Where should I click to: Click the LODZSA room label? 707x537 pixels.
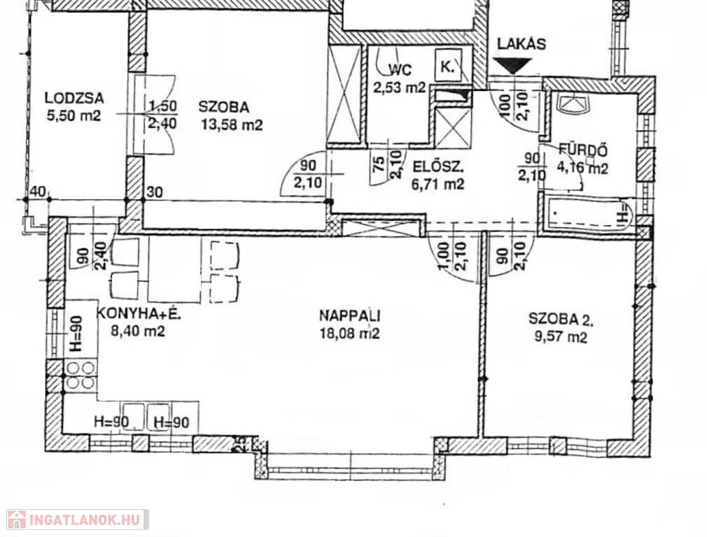pos(74,98)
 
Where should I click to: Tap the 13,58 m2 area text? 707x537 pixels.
pos(232,124)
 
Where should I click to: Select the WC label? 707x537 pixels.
pos(400,70)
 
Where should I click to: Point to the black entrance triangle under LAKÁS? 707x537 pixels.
pos(512,66)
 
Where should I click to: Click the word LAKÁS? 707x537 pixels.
pos(521,43)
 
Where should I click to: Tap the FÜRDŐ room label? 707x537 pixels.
pos(583,150)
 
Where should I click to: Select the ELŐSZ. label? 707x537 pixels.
pos(438,167)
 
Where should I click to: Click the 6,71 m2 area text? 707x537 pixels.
pos(437,184)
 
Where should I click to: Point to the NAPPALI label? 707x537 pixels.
pos(350,315)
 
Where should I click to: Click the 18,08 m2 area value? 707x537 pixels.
pos(349,334)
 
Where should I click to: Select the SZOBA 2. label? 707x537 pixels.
pos(561,320)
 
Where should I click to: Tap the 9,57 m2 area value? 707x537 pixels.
pos(561,337)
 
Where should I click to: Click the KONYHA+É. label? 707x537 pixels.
pos(139,313)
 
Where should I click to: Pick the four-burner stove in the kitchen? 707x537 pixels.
pos(80,375)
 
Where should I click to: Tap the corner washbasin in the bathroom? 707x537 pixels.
pos(573,103)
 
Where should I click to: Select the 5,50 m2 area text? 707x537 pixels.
pos(73,116)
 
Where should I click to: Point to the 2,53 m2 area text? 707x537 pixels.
pos(400,87)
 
